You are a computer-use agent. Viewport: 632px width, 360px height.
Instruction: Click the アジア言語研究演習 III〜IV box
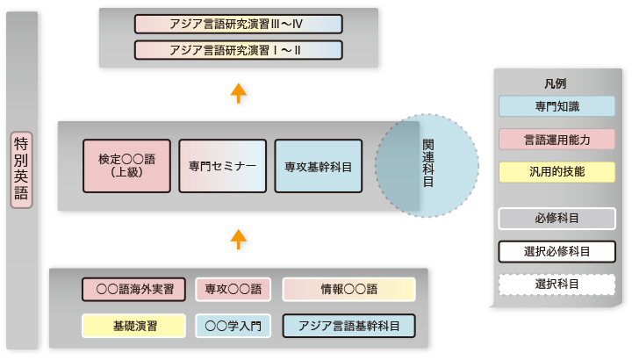pyautogui.click(x=239, y=25)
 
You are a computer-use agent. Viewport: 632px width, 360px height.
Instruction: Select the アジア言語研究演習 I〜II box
pyautogui.click(x=239, y=50)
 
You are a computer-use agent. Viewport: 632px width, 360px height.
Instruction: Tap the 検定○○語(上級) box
pyautogui.click(x=126, y=166)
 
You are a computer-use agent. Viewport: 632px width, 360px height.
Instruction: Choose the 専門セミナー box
pyautogui.click(x=222, y=166)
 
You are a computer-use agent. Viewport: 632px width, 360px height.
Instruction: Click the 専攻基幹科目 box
pyautogui.click(x=319, y=166)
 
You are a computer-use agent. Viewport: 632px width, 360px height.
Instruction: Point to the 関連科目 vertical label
pyautogui.click(x=428, y=162)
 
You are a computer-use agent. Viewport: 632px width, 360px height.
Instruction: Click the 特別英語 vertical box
pyautogui.click(x=21, y=169)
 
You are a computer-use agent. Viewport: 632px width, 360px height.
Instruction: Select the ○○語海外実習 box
pyautogui.click(x=133, y=289)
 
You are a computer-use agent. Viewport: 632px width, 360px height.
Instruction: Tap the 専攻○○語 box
pyautogui.click(x=233, y=289)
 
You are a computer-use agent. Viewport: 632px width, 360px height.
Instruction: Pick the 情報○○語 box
pyautogui.click(x=349, y=289)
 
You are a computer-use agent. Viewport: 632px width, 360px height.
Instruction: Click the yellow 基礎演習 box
pyautogui.click(x=133, y=326)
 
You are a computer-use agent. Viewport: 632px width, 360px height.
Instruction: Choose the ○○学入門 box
pyautogui.click(x=233, y=326)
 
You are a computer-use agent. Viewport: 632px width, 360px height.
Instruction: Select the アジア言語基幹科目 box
pyautogui.click(x=349, y=326)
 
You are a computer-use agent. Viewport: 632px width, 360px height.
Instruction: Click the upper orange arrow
pyautogui.click(x=239, y=93)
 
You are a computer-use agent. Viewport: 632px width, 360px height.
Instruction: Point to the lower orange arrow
pyautogui.click(x=239, y=239)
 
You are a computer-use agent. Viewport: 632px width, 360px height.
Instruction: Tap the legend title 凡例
pyautogui.click(x=556, y=83)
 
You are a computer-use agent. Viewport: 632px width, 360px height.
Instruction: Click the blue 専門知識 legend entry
pyautogui.click(x=557, y=106)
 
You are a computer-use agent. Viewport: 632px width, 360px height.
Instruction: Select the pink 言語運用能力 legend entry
pyautogui.click(x=557, y=140)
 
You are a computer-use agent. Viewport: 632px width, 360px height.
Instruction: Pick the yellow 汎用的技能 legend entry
pyautogui.click(x=557, y=172)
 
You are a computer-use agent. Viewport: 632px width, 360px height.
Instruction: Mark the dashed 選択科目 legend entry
pyautogui.click(x=557, y=284)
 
